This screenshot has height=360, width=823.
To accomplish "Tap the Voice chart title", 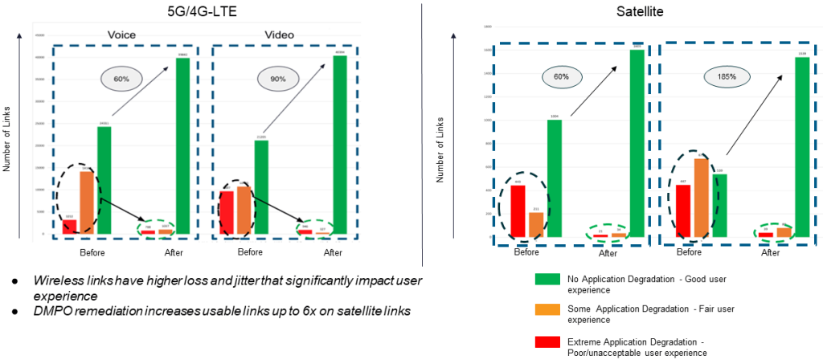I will click(x=121, y=35).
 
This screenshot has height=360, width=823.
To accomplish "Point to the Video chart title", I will click(x=279, y=35).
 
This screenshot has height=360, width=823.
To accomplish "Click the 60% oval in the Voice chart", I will click(x=121, y=79).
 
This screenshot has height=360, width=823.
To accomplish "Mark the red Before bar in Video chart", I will click(x=227, y=212).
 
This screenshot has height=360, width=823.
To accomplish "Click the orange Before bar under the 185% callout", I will click(x=700, y=198).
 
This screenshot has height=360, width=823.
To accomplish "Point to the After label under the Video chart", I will click(x=333, y=253).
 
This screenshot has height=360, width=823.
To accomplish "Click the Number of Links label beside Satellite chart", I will click(x=440, y=151).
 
